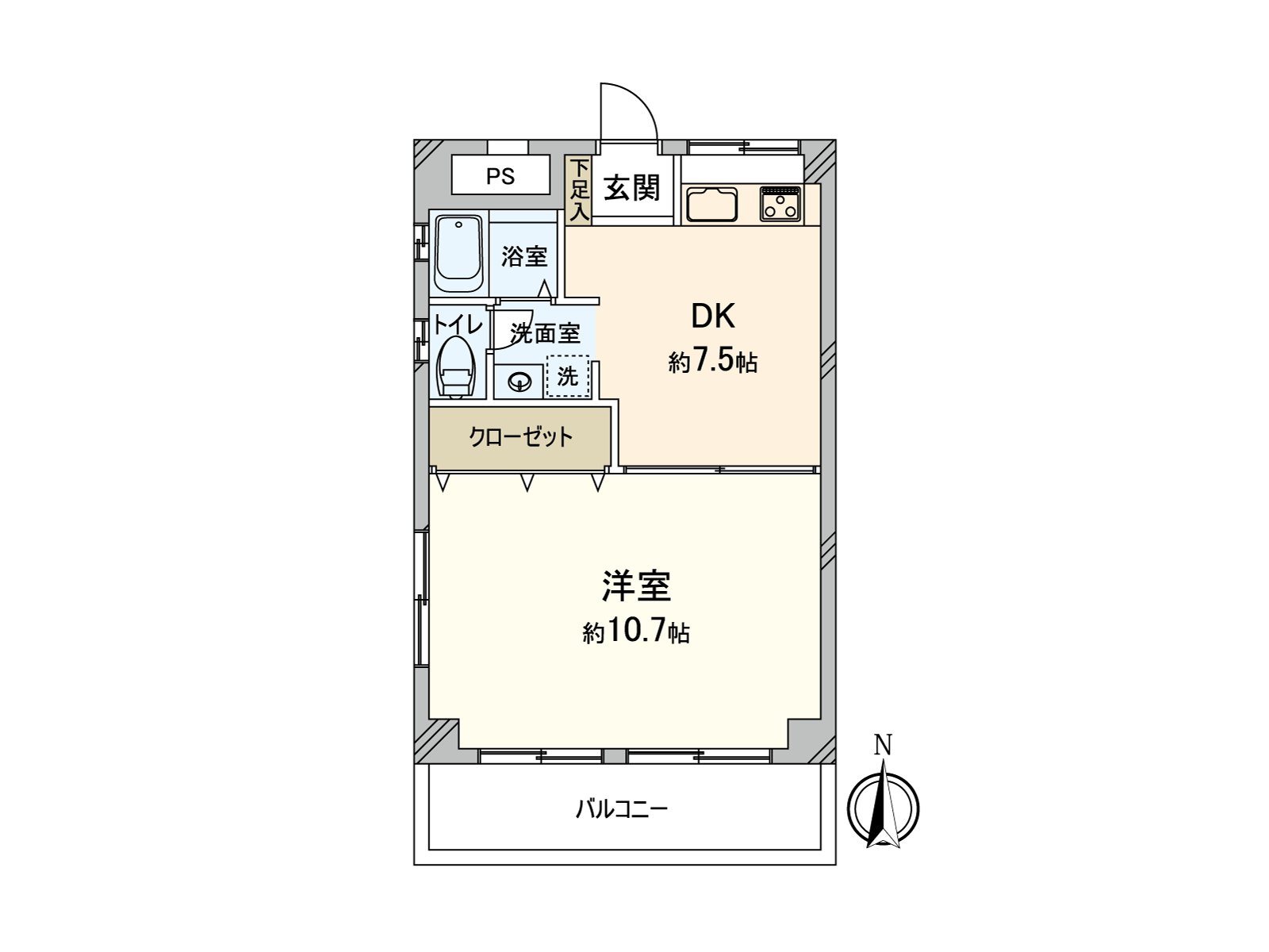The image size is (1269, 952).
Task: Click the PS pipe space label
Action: coord(500,176)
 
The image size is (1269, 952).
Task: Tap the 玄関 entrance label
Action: coord(632,189)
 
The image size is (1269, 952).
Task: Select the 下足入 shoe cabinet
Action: coord(579,190)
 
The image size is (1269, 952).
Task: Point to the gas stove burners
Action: coord(780,204)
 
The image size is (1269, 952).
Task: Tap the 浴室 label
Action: coord(524,256)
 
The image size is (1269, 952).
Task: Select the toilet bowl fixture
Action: coord(456,369)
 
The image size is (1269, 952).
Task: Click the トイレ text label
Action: coord(458,325)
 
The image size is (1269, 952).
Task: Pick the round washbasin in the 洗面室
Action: coord(519,382)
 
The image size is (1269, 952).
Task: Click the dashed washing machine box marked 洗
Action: coord(568,376)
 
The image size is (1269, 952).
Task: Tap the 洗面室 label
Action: coord(545,333)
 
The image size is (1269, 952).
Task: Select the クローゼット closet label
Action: coord(520,437)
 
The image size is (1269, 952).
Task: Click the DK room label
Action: coord(713,317)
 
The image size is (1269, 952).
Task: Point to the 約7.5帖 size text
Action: coord(713,363)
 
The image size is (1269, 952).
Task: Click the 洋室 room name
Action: coord(636,586)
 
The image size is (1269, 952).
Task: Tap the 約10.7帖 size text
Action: coord(636,632)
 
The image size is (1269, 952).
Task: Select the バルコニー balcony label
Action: coord(622,809)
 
